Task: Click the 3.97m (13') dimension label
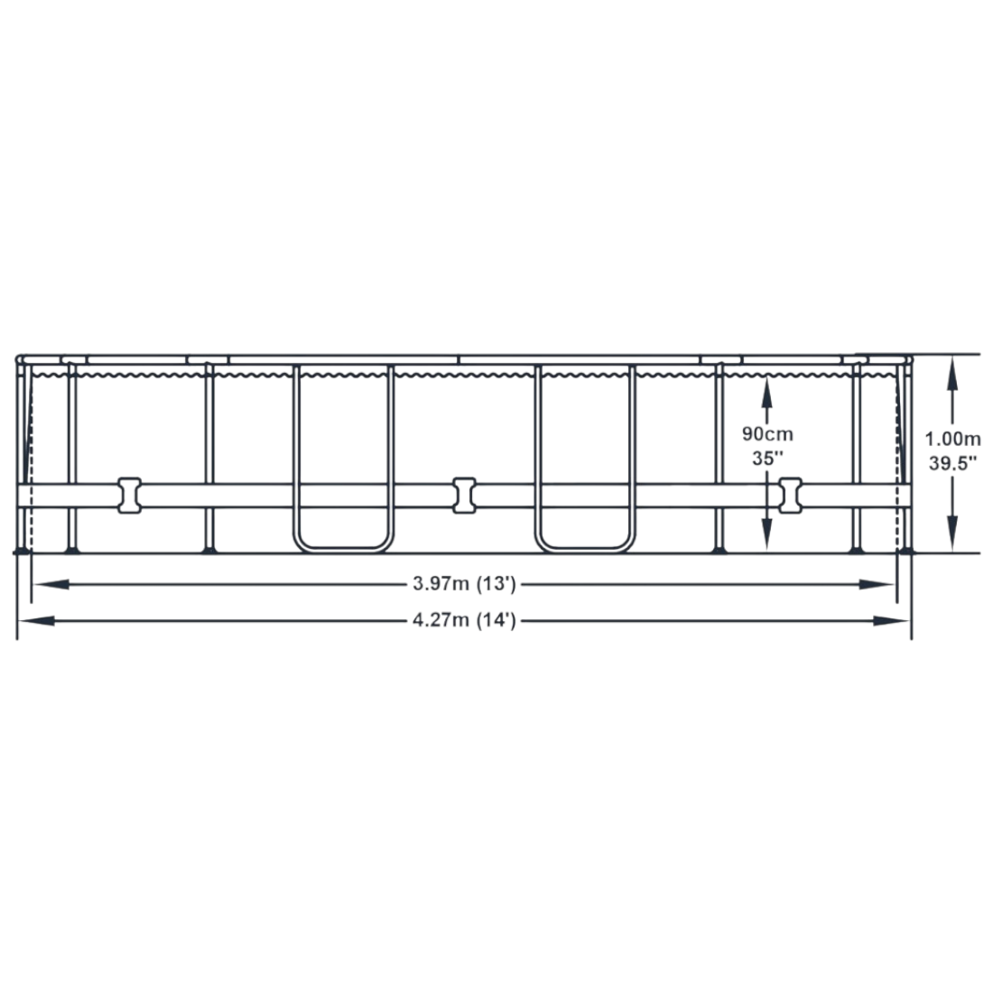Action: coord(464,583)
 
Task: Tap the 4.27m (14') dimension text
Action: coord(464,620)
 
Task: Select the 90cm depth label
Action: coord(767,434)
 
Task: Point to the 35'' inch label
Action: coord(767,458)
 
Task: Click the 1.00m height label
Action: coord(952,438)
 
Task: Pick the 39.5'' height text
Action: coord(952,463)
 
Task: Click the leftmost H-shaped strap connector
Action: coord(129,496)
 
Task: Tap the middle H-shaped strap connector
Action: coord(464,496)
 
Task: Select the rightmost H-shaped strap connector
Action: coord(790,496)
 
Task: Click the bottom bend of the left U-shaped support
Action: coord(343,549)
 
